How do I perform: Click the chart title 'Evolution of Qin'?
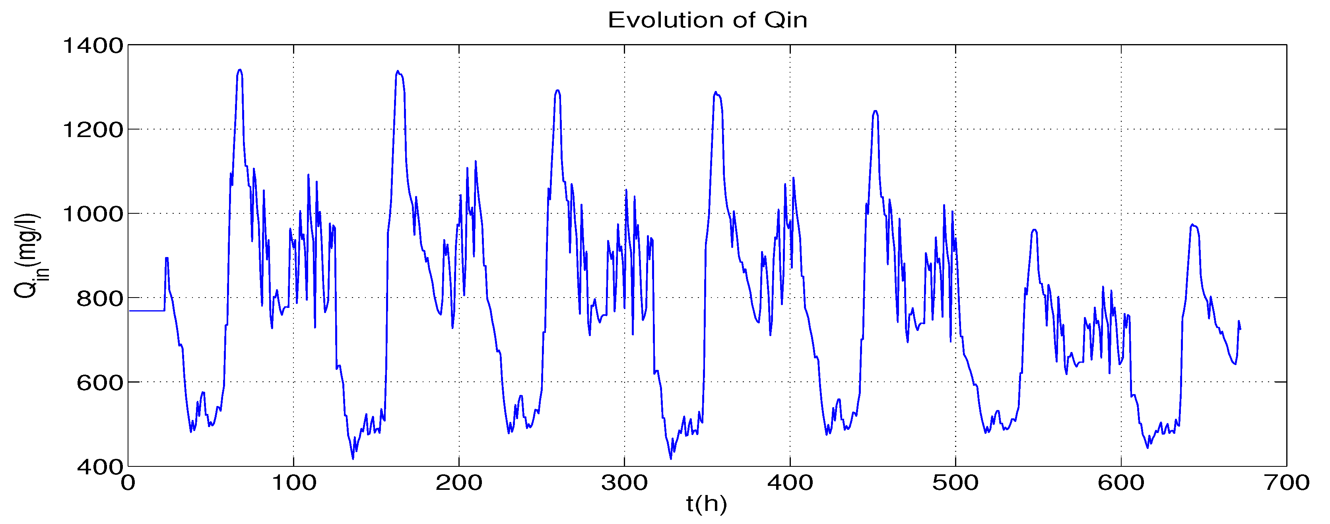tap(707, 20)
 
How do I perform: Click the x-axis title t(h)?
tap(706, 503)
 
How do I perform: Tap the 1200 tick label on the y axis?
tap(93, 130)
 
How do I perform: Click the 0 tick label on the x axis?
tap(128, 483)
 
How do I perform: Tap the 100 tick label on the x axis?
tap(293, 483)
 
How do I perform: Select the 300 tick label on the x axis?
tap(624, 483)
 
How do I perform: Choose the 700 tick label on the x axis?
tap(1286, 483)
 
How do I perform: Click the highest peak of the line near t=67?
tap(240, 70)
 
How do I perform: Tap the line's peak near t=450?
tap(875, 110)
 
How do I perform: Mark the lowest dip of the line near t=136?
tap(353, 458)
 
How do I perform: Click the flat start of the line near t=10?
tap(145, 311)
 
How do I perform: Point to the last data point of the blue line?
tap(1240, 329)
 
